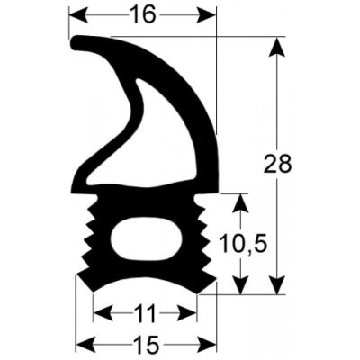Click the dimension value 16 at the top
pos(144,15)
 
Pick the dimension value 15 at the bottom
pos(144,344)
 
